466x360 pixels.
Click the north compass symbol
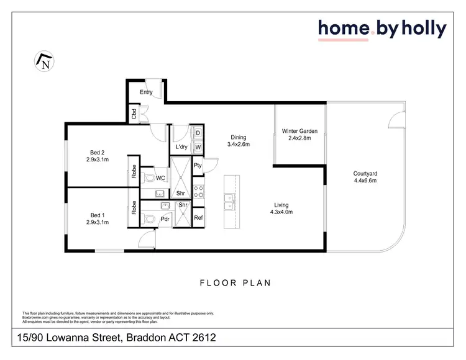[x=43, y=61]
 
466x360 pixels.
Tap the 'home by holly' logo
[x=381, y=29]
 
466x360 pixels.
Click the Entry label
[x=146, y=92]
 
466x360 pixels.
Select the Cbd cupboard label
[x=134, y=114]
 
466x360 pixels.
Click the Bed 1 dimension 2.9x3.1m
[x=98, y=222]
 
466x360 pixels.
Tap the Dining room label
[x=238, y=138]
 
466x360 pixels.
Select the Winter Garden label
[x=299, y=131]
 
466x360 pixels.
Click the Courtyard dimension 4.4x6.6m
[x=365, y=181]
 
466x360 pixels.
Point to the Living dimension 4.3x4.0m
[x=281, y=212]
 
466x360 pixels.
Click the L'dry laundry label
[x=181, y=147]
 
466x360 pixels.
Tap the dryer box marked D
[x=198, y=133]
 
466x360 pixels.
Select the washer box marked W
[x=198, y=147]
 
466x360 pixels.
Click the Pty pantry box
[x=198, y=165]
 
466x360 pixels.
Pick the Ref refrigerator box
[x=198, y=218]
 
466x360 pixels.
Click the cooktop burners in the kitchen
[x=198, y=192]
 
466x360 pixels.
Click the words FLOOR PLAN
[x=235, y=283]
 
